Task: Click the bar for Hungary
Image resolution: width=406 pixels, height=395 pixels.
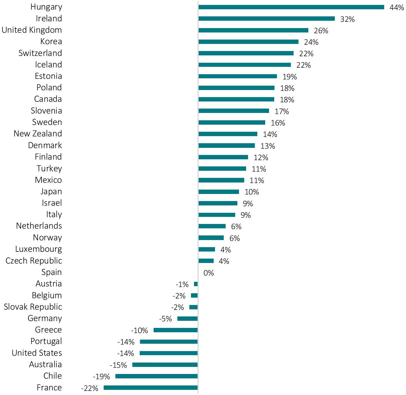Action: [x=291, y=7]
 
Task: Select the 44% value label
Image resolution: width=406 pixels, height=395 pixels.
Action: [x=396, y=8]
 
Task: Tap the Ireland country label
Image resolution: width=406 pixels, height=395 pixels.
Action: [x=49, y=19]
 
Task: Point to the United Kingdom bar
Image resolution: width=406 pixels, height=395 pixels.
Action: [x=253, y=30]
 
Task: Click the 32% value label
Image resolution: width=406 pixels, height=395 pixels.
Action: [x=347, y=19]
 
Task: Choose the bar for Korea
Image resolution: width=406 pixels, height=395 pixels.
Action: [x=248, y=42]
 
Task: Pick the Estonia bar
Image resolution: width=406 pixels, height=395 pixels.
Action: [x=238, y=76]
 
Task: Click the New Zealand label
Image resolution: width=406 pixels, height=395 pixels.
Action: [x=38, y=134]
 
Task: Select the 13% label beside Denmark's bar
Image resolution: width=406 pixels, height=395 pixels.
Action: [x=267, y=146]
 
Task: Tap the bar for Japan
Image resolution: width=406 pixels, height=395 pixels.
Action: [x=219, y=192]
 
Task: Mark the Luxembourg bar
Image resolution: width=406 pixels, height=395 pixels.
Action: [x=207, y=249]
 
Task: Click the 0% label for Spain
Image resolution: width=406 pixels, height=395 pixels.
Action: [x=208, y=273]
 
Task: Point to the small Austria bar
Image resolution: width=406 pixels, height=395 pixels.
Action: [x=196, y=284]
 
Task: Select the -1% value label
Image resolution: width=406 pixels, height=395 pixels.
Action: [x=182, y=285]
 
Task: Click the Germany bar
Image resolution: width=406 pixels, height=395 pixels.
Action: [x=187, y=319]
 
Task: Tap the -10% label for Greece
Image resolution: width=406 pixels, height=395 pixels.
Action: [x=139, y=331]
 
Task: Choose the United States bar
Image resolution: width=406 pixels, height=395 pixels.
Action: [x=168, y=353]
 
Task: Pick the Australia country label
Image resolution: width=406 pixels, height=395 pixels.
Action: [x=45, y=364]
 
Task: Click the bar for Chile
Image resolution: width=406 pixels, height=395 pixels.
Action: [x=156, y=376]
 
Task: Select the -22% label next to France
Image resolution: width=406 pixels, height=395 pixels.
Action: [x=89, y=388]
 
